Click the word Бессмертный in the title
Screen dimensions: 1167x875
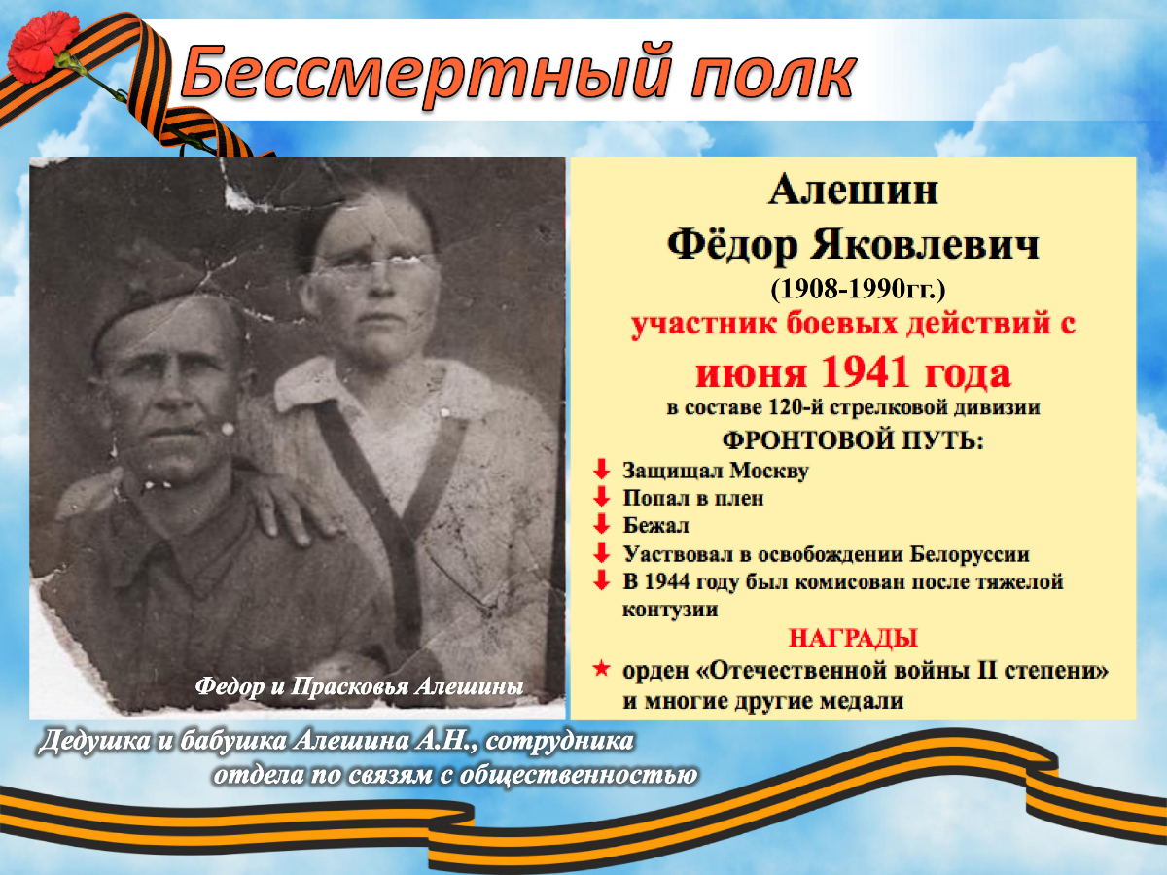(425, 74)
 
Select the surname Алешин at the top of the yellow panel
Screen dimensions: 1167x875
(853, 191)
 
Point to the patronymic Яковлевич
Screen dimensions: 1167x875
(924, 245)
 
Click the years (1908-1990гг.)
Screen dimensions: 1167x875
(858, 290)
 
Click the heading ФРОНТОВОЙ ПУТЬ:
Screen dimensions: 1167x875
(853, 440)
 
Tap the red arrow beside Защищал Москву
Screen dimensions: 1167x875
(601, 470)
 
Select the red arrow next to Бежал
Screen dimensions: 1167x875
(601, 524)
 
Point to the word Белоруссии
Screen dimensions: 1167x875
(970, 554)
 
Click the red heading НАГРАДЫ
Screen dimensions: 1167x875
(853, 638)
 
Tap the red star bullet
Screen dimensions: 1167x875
(601, 668)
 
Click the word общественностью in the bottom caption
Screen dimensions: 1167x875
(578, 776)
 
